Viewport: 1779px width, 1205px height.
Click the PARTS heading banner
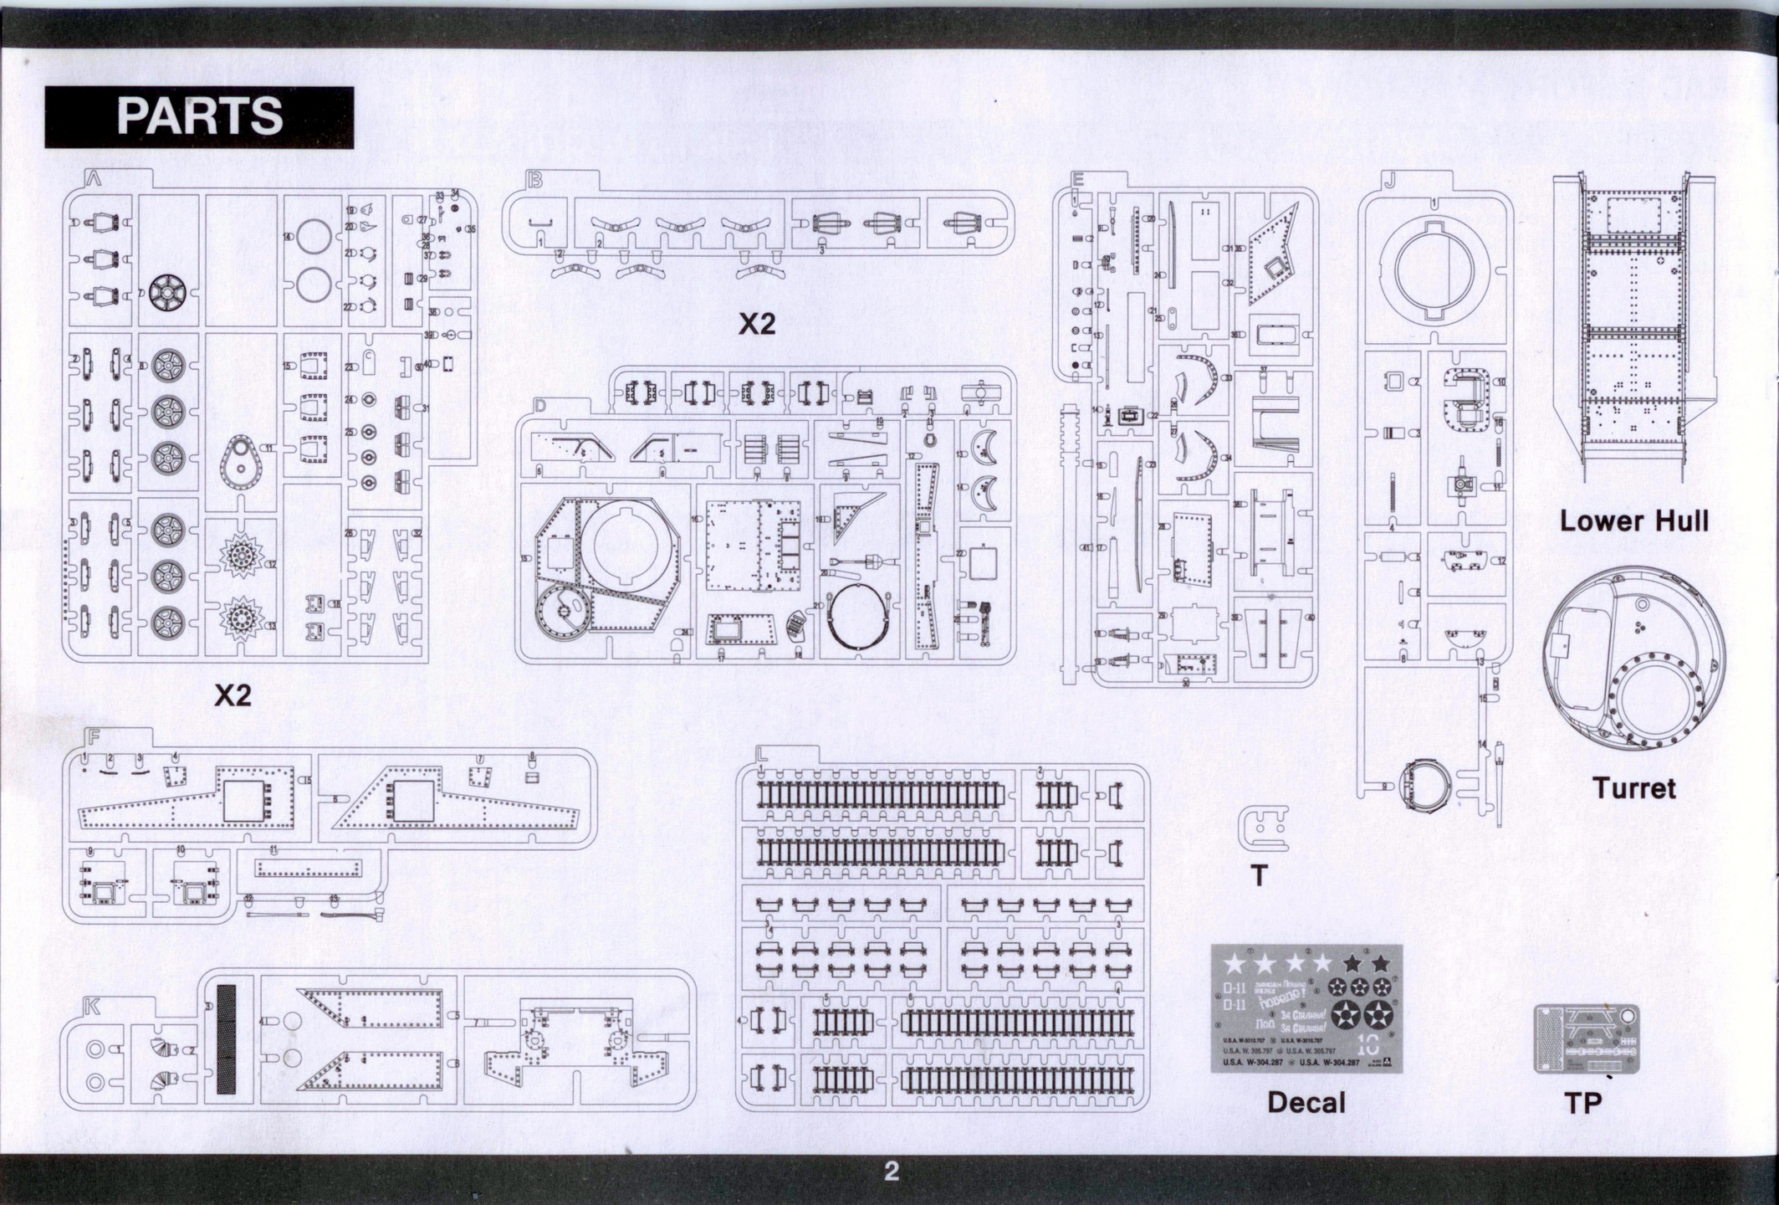tap(199, 116)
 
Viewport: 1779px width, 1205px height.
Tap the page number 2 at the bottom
tap(892, 1171)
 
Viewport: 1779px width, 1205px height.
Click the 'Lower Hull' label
tap(1633, 521)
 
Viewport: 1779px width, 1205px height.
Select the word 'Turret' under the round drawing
tap(1633, 788)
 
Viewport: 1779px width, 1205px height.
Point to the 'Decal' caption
tap(1306, 1102)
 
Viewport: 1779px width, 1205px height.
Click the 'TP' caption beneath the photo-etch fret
tap(1582, 1103)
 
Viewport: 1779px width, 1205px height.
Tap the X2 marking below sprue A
tap(233, 695)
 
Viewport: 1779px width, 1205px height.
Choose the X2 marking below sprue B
tap(756, 325)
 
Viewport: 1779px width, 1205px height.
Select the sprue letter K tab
tap(92, 1007)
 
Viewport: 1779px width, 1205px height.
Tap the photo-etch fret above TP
tap(1586, 1038)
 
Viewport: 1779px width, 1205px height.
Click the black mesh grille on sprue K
tap(226, 1038)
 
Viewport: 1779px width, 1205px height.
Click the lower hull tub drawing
tap(1633, 326)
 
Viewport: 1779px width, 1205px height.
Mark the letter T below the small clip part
tap(1258, 875)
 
